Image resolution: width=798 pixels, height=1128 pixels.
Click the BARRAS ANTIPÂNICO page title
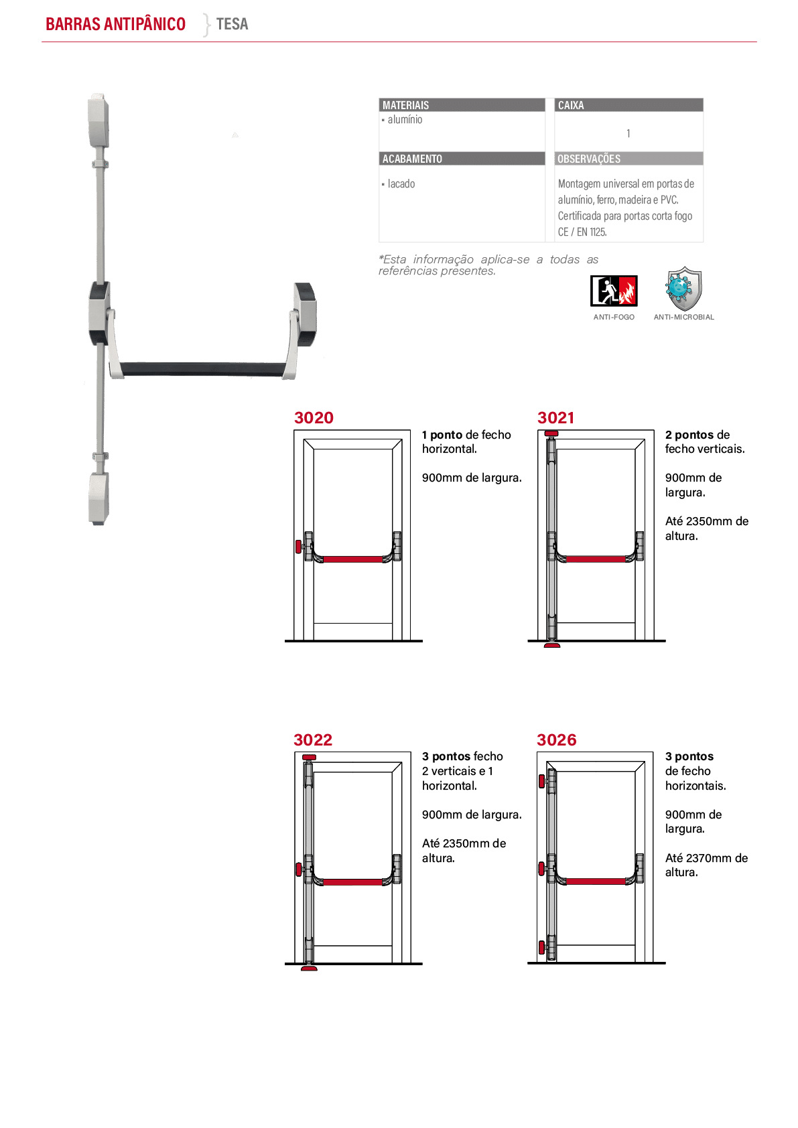tap(115, 23)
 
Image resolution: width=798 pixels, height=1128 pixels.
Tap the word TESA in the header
tap(232, 23)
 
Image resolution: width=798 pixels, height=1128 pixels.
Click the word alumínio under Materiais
tap(405, 119)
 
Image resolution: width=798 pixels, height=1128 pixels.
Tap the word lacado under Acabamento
tap(401, 184)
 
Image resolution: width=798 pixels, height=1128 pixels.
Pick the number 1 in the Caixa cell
tap(628, 133)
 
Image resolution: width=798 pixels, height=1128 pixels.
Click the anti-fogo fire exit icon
tap(614, 291)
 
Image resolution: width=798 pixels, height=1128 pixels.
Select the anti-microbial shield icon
tap(683, 289)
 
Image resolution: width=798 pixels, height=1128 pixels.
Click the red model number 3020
tap(314, 417)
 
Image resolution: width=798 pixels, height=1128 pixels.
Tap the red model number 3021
tap(555, 417)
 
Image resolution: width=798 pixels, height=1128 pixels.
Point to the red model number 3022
tap(313, 739)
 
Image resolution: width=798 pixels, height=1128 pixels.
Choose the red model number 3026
tap(556, 739)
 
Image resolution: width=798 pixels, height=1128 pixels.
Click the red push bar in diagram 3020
tap(352, 559)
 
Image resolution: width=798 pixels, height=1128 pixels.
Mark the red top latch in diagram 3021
tap(551, 433)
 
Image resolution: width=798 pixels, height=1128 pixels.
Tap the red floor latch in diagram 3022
tap(309, 968)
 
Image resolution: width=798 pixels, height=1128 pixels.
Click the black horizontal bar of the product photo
tap(202, 368)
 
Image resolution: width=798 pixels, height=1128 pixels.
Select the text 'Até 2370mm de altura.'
tap(706, 865)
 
